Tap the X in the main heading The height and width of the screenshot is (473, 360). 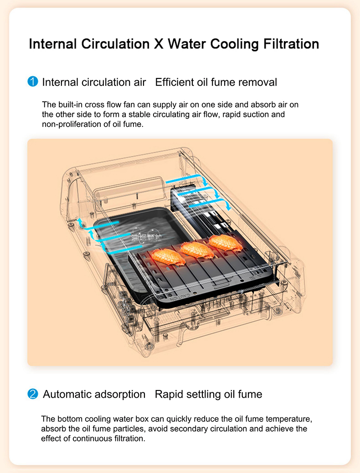[x=158, y=44]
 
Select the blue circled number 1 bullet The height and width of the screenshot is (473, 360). [x=32, y=82]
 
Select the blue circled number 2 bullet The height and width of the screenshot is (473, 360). [x=32, y=394]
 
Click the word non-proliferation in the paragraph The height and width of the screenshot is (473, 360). [x=70, y=124]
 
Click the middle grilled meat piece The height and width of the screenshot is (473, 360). [x=197, y=249]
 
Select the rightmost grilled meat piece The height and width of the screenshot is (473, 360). [x=225, y=242]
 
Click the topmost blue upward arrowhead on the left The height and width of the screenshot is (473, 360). [x=80, y=221]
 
